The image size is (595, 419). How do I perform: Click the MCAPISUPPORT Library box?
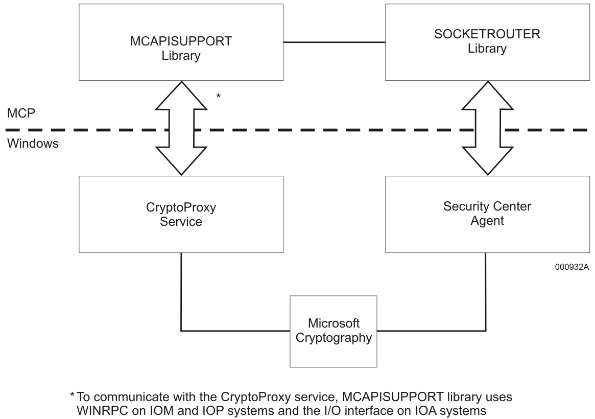(x=181, y=42)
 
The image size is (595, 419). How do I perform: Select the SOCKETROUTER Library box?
(x=487, y=42)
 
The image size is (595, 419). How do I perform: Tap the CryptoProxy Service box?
(x=181, y=214)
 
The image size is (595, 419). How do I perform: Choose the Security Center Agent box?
(x=487, y=214)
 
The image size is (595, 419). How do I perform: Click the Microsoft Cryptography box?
(x=334, y=331)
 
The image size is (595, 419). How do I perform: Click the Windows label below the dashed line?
(x=33, y=144)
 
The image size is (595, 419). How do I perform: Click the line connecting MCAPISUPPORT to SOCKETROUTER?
(x=334, y=42)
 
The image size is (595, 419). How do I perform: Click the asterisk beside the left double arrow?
(x=219, y=96)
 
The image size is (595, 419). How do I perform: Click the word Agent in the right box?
(x=487, y=221)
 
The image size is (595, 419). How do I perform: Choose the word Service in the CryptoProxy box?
(x=181, y=222)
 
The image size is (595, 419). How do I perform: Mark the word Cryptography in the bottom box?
(x=334, y=338)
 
